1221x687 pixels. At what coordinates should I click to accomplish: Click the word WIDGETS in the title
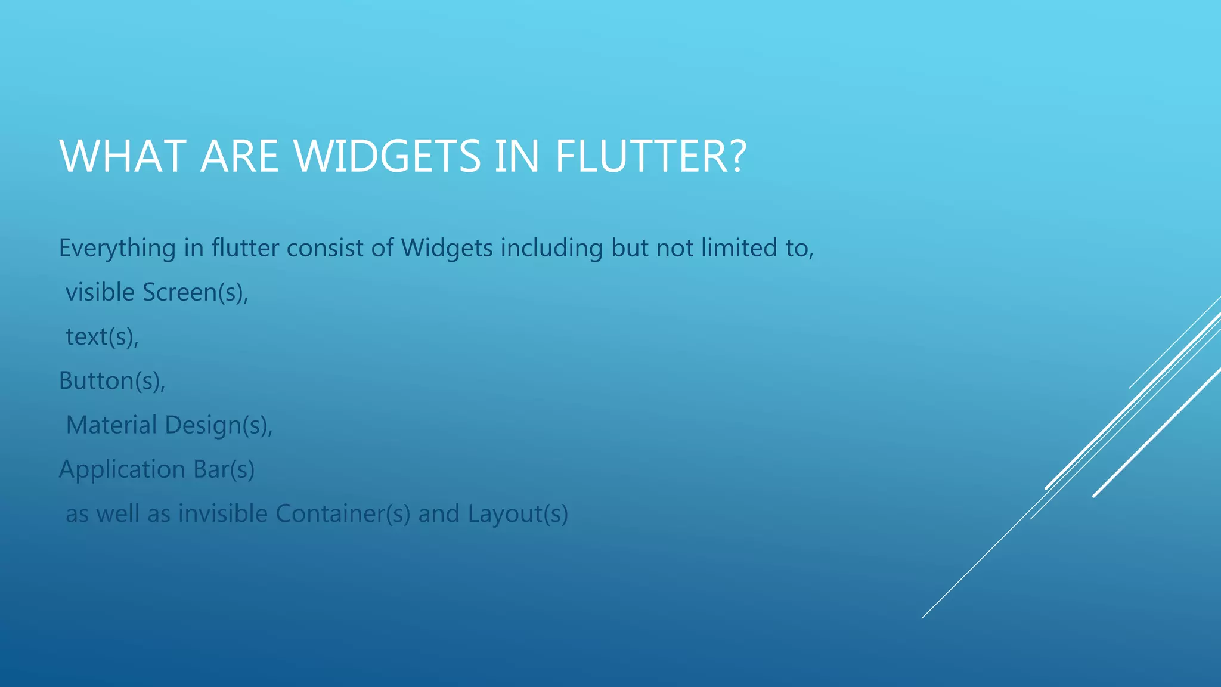tap(388, 156)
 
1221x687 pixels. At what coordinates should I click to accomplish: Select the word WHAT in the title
tap(123, 156)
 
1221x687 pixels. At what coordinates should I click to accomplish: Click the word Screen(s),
tap(195, 293)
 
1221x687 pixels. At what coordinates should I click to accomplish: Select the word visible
tap(100, 293)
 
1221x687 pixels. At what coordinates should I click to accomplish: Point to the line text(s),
tap(102, 337)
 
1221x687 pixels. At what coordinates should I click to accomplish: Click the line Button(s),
tap(111, 381)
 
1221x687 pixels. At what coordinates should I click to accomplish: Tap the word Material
tap(111, 425)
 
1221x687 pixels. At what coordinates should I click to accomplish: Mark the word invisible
tap(223, 513)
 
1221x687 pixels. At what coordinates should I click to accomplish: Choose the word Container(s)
tap(343, 513)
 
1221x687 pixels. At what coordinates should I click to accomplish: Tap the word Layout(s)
tap(517, 514)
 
